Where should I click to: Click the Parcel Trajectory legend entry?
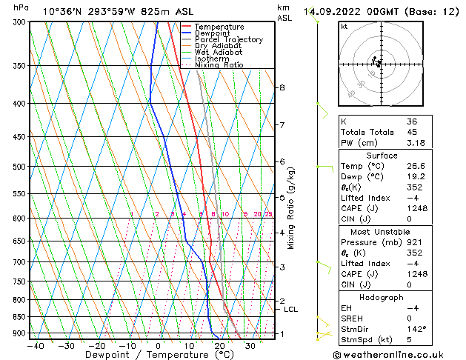(228, 39)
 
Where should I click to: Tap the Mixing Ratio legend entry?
(219, 65)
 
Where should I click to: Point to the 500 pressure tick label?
(19, 167)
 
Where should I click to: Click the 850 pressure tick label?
(19, 317)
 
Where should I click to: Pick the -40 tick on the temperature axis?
(34, 346)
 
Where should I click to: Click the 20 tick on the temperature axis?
(219, 346)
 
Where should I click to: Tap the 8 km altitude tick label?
(282, 87)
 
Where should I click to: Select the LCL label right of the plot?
(290, 310)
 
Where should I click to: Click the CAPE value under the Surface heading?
(416, 208)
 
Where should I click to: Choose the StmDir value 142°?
(417, 328)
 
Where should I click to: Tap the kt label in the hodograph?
(344, 27)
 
